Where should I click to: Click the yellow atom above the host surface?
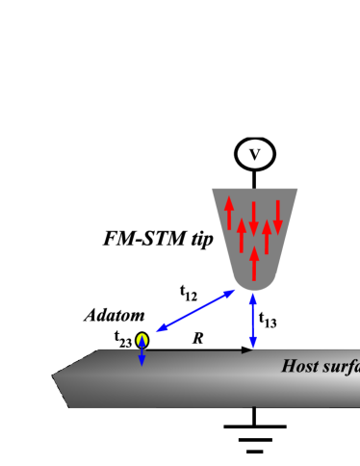[141, 340]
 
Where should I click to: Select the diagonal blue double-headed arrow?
[196, 310]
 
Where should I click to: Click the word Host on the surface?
[300, 366]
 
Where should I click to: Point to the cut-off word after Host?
[342, 366]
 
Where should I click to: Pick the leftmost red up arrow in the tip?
[229, 213]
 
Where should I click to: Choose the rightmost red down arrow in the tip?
[278, 217]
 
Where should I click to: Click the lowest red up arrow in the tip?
[254, 263]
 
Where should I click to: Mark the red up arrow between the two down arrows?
[267, 237]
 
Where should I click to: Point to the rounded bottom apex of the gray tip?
[253, 289]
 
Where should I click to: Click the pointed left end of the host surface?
[54, 376]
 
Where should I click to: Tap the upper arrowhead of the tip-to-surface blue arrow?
[253, 297]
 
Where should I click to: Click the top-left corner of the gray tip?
[212, 189]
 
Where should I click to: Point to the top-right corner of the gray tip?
[297, 189]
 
